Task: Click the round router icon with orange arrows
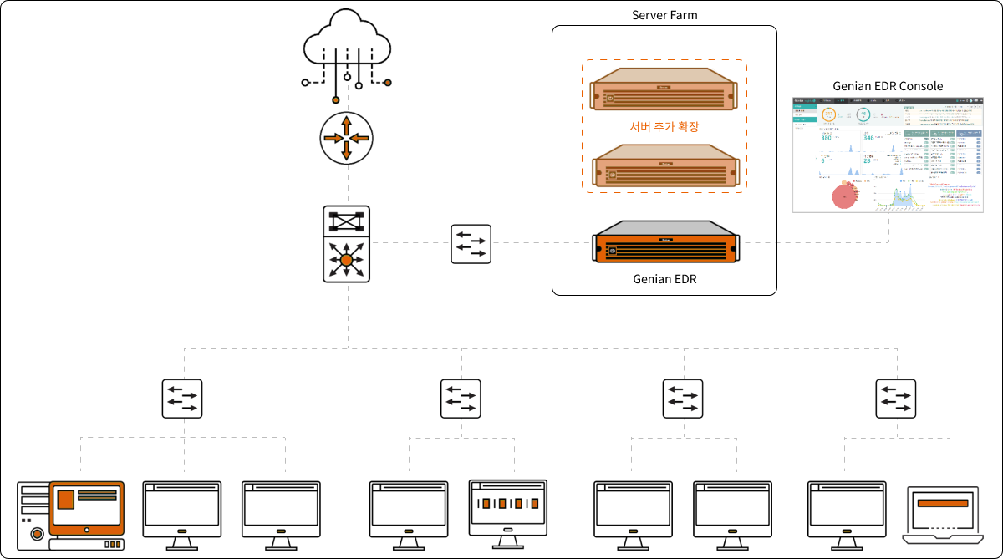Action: pyautogui.click(x=346, y=138)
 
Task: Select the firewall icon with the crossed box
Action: pyautogui.click(x=346, y=221)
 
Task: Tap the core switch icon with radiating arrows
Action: pyautogui.click(x=346, y=260)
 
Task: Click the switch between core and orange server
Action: pyautogui.click(x=471, y=244)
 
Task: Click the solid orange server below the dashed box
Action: pyautogui.click(x=666, y=243)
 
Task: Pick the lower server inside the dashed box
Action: pyautogui.click(x=665, y=165)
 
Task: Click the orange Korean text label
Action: pyautogui.click(x=664, y=127)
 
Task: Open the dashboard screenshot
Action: pyautogui.click(x=888, y=155)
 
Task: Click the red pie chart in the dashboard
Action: pyautogui.click(x=845, y=196)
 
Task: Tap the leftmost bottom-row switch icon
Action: pyautogui.click(x=182, y=399)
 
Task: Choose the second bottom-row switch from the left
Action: pyautogui.click(x=461, y=399)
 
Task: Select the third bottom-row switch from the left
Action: pyautogui.click(x=683, y=399)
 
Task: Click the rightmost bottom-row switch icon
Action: pyautogui.click(x=896, y=399)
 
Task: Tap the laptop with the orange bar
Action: pyautogui.click(x=942, y=513)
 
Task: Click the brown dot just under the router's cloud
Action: pyautogui.click(x=336, y=99)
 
